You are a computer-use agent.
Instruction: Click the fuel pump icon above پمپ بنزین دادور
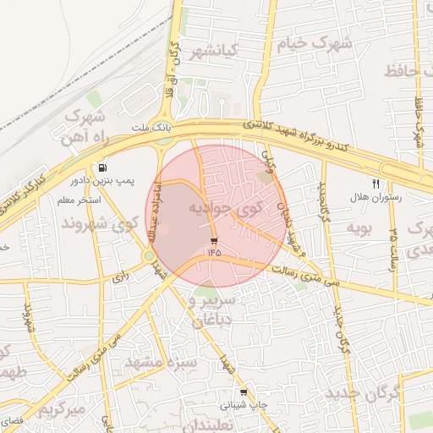coord(103,167)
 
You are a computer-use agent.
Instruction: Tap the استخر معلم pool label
coord(78,200)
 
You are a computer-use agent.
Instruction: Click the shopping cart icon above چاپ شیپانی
coord(244,392)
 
